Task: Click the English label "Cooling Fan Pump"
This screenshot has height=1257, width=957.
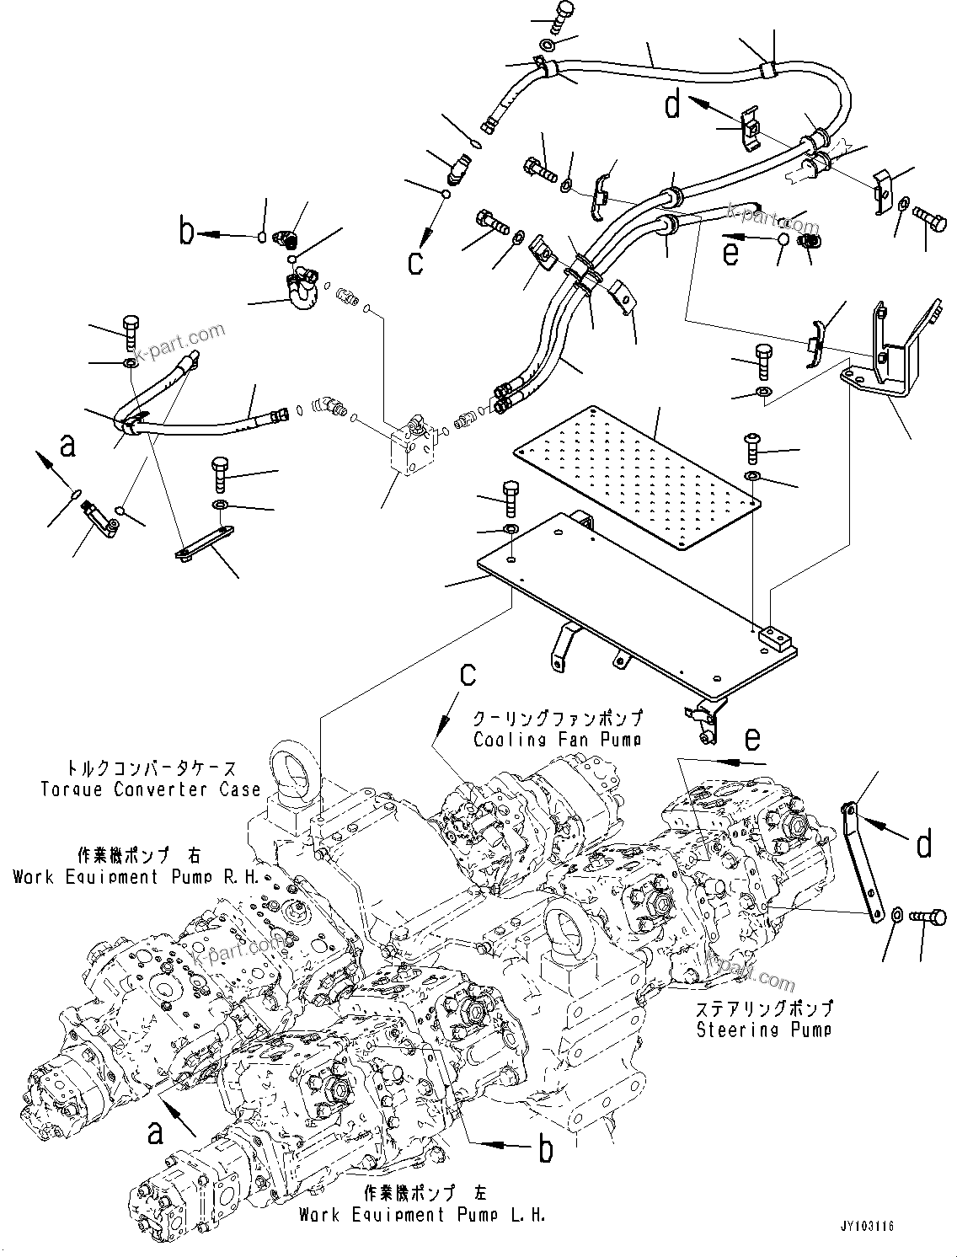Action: point(557,740)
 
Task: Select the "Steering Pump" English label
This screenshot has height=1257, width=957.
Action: point(763,1029)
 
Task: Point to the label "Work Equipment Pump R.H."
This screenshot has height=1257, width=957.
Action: point(108,876)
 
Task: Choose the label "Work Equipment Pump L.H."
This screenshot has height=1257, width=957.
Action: point(421,1214)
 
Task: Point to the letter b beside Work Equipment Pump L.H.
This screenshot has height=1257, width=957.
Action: point(545,1147)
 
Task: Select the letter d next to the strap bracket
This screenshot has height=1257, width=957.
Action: point(923,842)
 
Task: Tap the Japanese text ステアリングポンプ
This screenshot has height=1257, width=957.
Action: point(763,1008)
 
